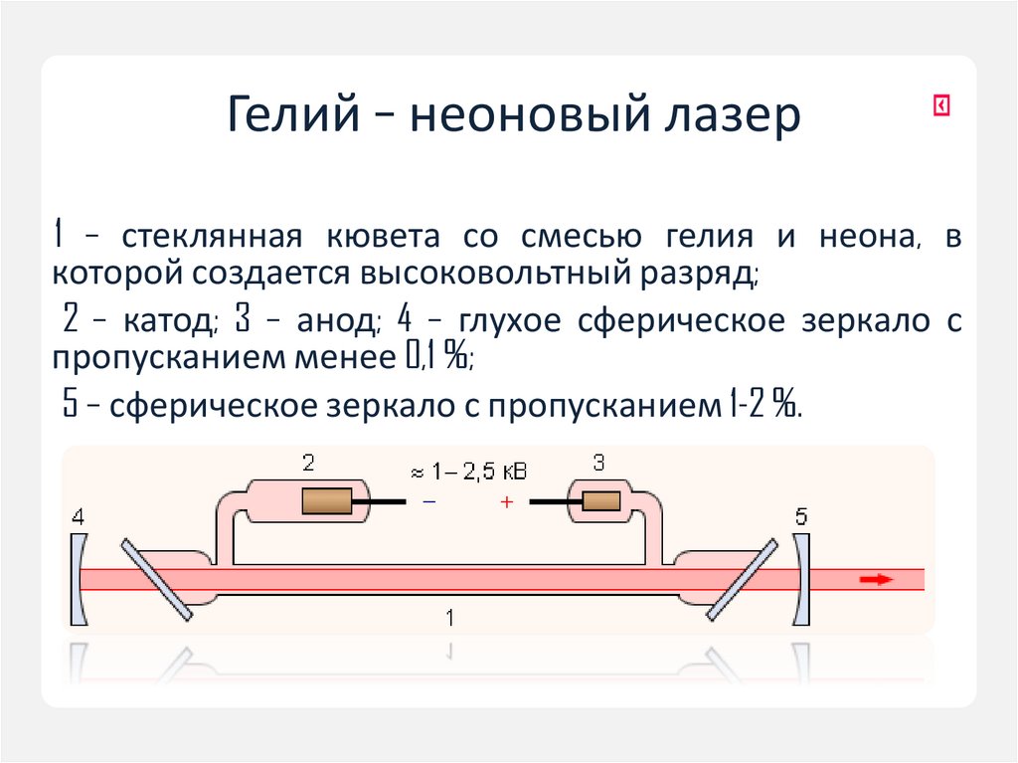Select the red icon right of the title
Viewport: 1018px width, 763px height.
[x=940, y=105]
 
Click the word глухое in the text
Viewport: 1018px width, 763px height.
[x=507, y=322]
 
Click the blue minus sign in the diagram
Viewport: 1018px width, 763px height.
[x=428, y=503]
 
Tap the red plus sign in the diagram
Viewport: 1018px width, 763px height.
[x=506, y=503]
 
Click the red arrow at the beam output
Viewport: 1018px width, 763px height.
[x=876, y=579]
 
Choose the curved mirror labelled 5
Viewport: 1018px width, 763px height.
[x=800, y=578]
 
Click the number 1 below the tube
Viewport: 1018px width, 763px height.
[x=450, y=618]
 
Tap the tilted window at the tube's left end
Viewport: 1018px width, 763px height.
[x=156, y=578]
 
